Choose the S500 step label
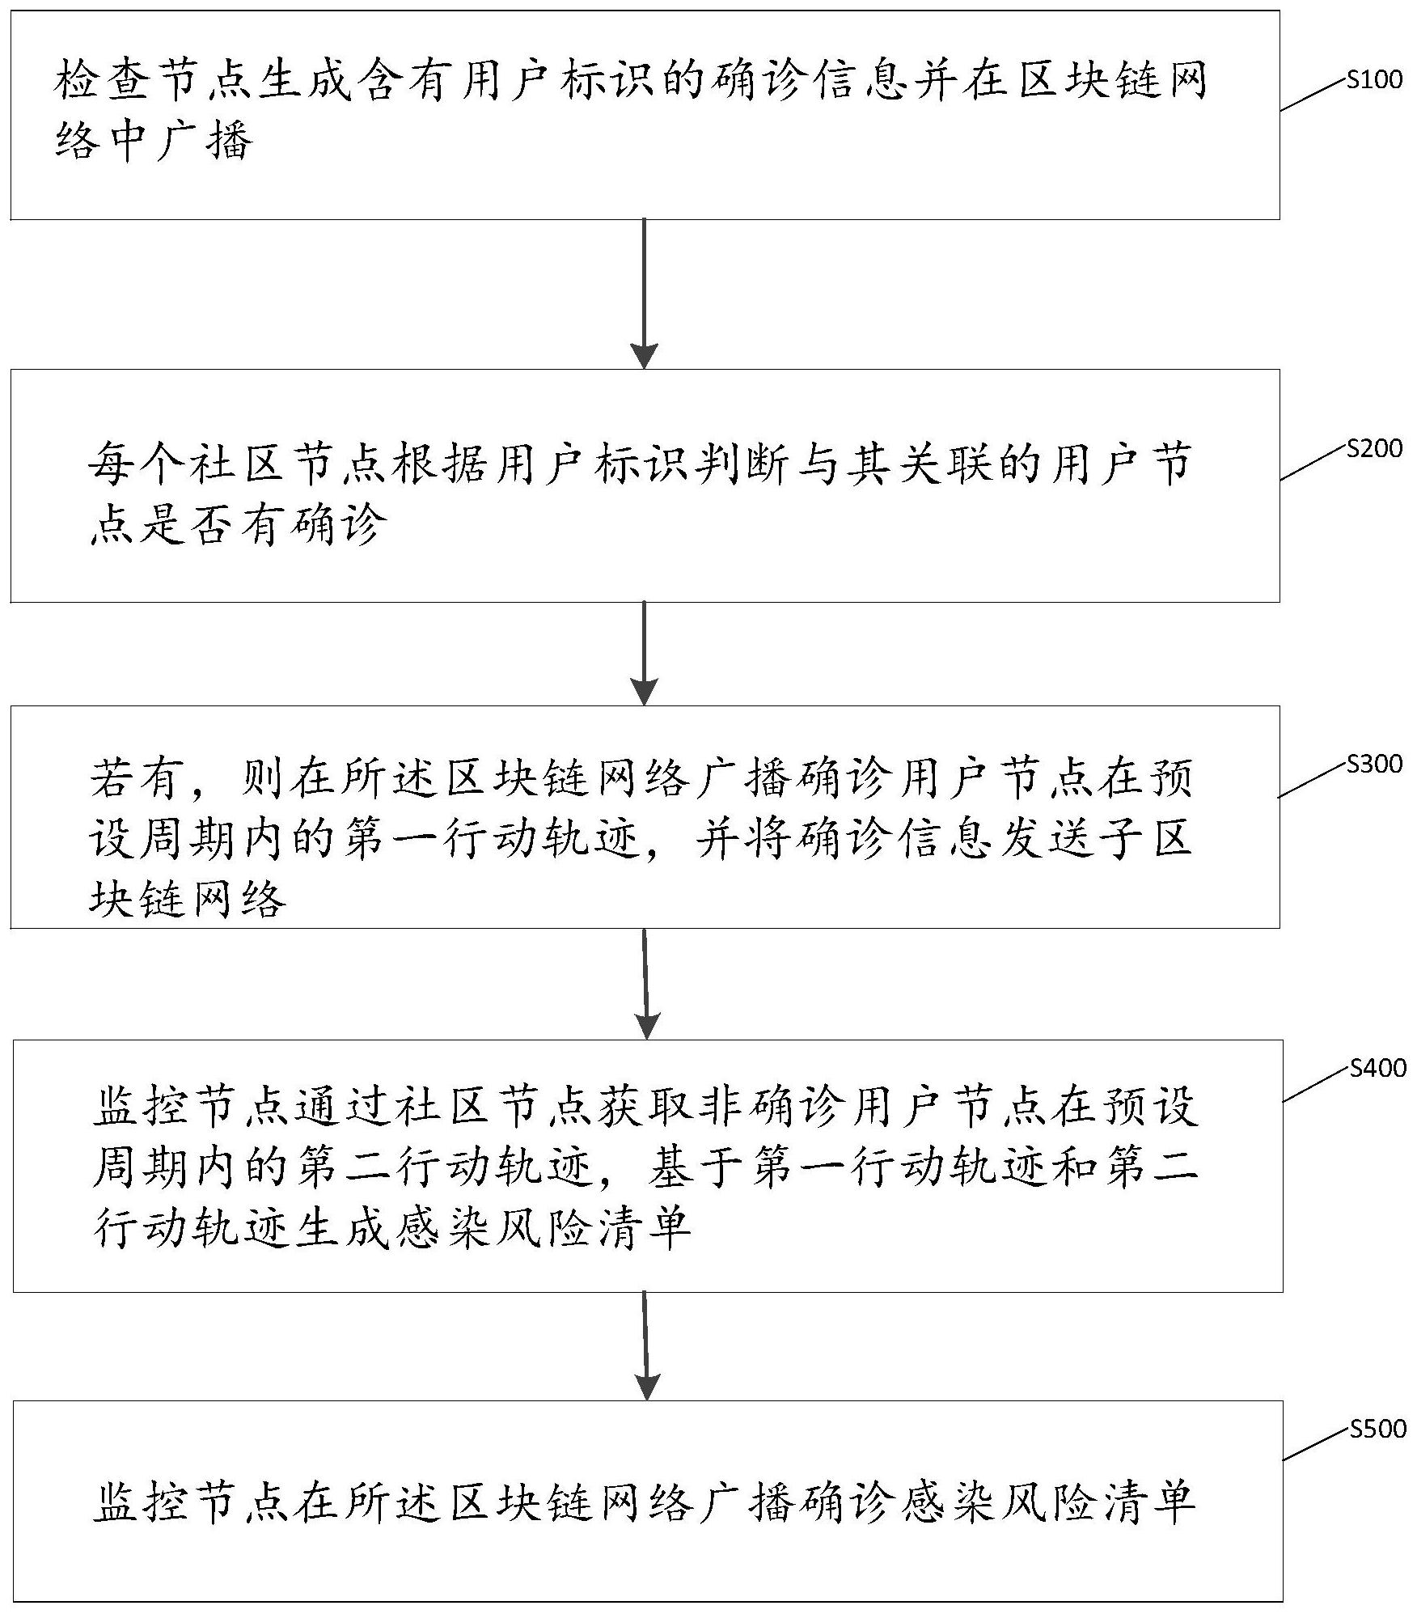[x=1377, y=1430]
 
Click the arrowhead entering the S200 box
[x=645, y=356]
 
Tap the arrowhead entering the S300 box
[x=645, y=693]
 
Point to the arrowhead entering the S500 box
[x=648, y=1387]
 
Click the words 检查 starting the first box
[x=103, y=83]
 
